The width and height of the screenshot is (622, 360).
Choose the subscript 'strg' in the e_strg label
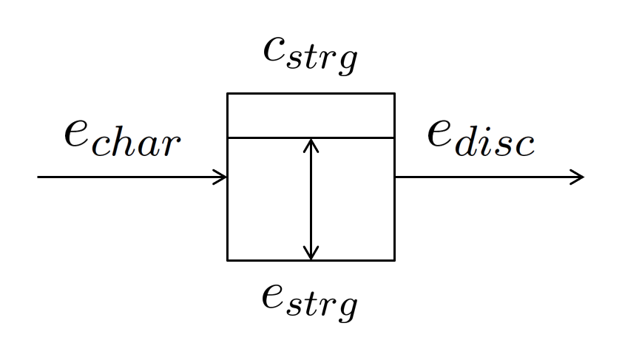324,304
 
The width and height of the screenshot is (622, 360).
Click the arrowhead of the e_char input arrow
222,177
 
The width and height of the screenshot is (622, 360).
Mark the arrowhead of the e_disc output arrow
578,177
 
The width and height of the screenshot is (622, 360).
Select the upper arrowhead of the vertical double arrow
311,143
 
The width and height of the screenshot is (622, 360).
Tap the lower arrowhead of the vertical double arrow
311,255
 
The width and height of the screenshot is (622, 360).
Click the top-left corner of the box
228,94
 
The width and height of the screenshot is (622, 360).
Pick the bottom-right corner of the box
394,260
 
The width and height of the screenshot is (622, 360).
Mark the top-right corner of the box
394,94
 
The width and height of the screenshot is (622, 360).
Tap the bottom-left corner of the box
228,260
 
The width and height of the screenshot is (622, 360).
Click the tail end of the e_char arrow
39,177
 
